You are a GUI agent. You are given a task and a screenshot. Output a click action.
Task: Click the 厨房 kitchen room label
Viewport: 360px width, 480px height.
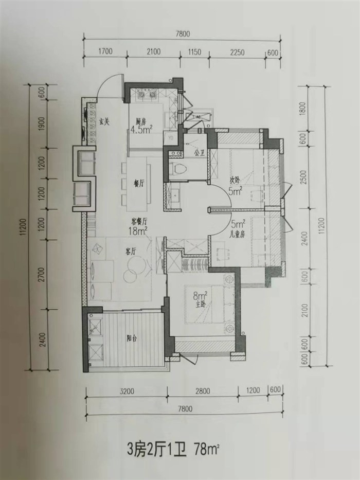click(x=141, y=121)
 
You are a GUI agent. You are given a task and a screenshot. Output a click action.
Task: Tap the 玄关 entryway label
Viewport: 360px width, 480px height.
click(x=104, y=121)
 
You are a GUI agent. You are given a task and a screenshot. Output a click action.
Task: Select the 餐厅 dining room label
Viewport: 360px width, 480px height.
click(x=138, y=184)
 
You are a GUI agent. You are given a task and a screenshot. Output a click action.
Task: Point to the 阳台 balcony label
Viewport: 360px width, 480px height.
click(x=132, y=339)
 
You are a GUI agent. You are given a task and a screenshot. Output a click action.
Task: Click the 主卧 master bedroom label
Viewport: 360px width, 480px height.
click(x=200, y=305)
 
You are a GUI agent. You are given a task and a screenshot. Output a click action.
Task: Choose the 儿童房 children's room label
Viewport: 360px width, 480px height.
click(x=237, y=235)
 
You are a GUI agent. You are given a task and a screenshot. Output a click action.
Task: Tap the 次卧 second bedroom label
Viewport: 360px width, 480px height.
click(x=235, y=181)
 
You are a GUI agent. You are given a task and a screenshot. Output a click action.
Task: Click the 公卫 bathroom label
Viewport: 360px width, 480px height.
click(x=200, y=152)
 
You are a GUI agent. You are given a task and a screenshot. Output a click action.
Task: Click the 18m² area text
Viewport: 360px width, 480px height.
click(x=138, y=231)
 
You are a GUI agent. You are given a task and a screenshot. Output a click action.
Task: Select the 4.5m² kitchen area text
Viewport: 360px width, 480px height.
click(x=141, y=129)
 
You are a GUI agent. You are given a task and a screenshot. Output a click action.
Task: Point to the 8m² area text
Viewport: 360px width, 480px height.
click(x=200, y=296)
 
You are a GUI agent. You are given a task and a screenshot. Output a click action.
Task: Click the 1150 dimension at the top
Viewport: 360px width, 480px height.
click(x=194, y=52)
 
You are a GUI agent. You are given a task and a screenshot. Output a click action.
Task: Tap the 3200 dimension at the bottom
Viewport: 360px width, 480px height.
click(x=127, y=391)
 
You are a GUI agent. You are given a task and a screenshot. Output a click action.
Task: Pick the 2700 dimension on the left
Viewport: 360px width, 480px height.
click(x=42, y=274)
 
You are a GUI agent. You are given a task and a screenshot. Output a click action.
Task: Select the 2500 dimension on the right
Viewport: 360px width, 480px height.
click(x=303, y=177)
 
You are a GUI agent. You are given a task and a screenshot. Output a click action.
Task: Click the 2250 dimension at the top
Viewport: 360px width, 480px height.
click(x=237, y=52)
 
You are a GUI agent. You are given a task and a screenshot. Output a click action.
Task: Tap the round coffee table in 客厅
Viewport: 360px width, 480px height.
click(x=135, y=264)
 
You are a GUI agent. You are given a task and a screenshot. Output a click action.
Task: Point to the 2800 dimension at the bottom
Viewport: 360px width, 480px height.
click(x=203, y=391)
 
